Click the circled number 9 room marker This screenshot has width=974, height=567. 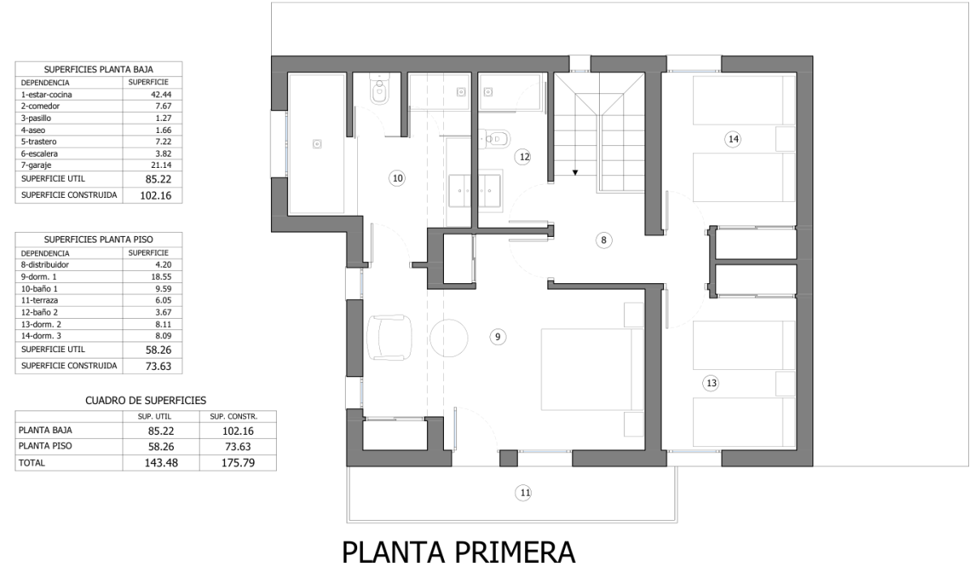[x=498, y=337]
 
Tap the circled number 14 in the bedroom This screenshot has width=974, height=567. [x=733, y=139]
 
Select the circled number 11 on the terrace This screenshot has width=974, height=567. [x=523, y=492]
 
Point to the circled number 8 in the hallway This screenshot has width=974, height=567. [x=604, y=240]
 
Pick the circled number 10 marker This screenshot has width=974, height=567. [x=397, y=178]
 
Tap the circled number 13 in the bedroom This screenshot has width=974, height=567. [x=711, y=383]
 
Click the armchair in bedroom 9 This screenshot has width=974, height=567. [x=389, y=337]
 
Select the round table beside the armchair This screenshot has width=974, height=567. [x=449, y=338]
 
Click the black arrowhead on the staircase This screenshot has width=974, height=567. [x=575, y=173]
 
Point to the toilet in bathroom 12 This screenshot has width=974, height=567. [x=495, y=139]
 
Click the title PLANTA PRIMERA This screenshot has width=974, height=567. [x=459, y=552]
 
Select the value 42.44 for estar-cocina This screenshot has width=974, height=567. [x=161, y=95]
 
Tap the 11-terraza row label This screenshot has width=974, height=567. [x=40, y=300]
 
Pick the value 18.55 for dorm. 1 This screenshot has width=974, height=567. [x=161, y=277]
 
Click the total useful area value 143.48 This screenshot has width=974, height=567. [x=162, y=463]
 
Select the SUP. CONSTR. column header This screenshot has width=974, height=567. [x=234, y=417]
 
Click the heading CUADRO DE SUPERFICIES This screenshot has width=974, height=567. [x=145, y=401]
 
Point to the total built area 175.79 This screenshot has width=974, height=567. [x=238, y=463]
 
